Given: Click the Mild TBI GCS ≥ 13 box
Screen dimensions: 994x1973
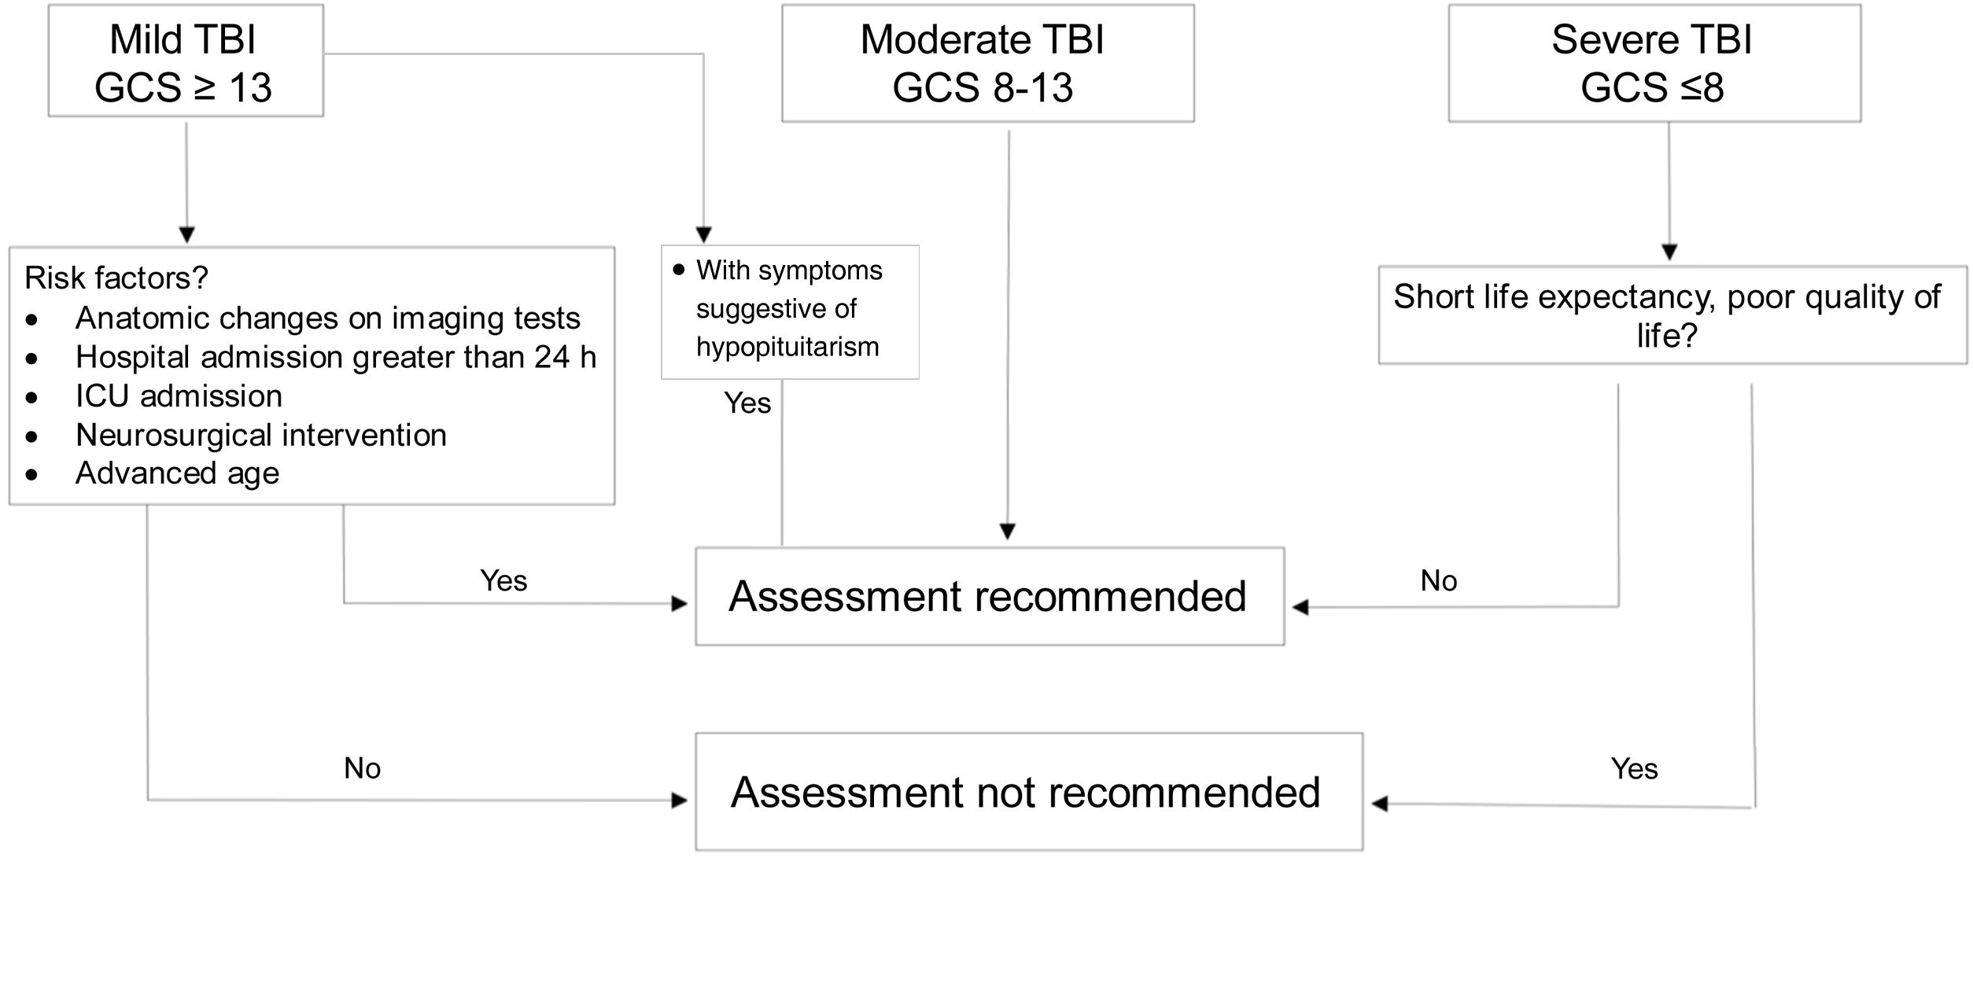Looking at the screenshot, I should point(185,61).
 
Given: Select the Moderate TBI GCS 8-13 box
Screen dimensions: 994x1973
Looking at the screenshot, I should point(987,63).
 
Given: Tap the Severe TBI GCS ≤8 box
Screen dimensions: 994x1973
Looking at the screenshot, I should point(1654,63).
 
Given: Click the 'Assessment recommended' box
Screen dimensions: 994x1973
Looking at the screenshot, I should point(989,596).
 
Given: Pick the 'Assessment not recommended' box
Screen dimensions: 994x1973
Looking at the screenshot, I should point(1028,792).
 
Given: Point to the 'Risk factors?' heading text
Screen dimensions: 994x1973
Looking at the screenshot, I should point(116,278).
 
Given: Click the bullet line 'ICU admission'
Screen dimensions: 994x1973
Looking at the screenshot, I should point(179,396).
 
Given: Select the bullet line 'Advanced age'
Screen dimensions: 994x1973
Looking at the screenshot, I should point(177,473).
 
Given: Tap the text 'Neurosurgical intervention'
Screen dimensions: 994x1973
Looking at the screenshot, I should point(260,435).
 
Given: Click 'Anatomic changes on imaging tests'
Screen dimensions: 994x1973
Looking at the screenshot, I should point(327,318).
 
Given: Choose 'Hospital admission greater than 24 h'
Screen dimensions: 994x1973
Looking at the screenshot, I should point(335,357).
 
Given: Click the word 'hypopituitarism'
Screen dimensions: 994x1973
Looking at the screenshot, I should point(787,347).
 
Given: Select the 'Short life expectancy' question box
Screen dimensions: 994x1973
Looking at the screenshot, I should point(1672,315).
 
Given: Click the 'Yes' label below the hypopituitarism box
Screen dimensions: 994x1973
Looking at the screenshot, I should point(747,403).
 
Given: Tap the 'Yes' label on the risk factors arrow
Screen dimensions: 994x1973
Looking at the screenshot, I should point(503,581).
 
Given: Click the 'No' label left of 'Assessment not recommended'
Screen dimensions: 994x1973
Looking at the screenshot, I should point(362,768).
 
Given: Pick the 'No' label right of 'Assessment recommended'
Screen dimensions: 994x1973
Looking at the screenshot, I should point(1438,581).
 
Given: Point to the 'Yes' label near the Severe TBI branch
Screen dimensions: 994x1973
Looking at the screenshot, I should point(1634,768).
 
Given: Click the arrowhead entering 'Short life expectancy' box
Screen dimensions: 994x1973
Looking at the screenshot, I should point(1669,252).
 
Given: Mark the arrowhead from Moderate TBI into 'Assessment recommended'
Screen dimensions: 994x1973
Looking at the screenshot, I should point(1008,532).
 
